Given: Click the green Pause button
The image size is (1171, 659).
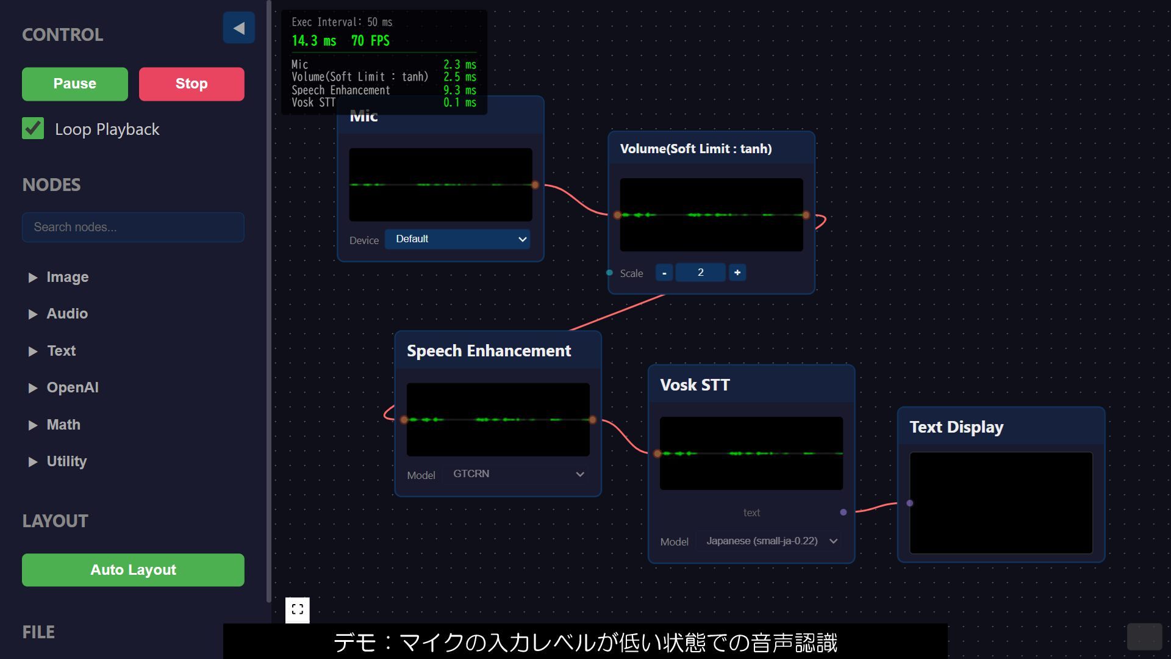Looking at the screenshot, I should [74, 84].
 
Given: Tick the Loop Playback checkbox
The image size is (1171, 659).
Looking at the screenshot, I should [33, 129].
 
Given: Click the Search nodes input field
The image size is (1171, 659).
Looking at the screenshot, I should [133, 227].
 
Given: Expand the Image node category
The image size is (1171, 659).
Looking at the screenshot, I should [67, 277].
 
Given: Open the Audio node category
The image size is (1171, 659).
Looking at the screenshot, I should [67, 314].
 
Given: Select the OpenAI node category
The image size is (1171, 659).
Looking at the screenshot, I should [72, 387].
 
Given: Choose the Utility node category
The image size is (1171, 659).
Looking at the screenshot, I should [66, 461].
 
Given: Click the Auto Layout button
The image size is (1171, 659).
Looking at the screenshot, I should [133, 570].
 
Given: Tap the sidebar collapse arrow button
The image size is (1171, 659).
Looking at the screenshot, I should [238, 28].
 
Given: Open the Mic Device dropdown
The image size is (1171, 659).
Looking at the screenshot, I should [457, 239].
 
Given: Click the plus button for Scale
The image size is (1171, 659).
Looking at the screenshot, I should [737, 273].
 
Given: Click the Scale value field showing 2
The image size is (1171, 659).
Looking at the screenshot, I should [700, 273].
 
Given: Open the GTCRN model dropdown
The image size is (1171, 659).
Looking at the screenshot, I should [518, 474].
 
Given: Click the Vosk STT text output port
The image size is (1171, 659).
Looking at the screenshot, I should [843, 513].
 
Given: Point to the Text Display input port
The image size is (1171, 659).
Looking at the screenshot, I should [910, 503].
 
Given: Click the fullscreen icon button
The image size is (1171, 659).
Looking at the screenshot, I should [298, 610].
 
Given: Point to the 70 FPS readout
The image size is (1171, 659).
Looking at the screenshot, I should [370, 41].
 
